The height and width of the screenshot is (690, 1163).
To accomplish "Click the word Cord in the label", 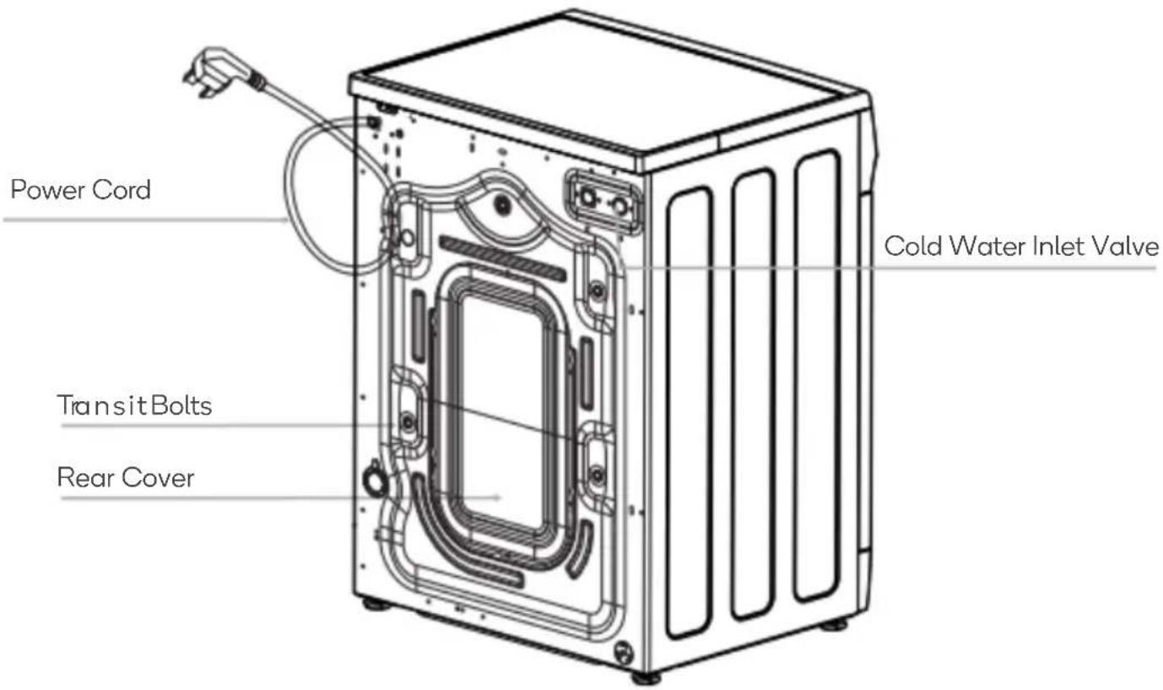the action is click(x=122, y=190).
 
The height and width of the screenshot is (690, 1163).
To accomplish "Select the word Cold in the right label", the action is click(x=912, y=247).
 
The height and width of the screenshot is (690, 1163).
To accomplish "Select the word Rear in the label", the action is click(x=83, y=477).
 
